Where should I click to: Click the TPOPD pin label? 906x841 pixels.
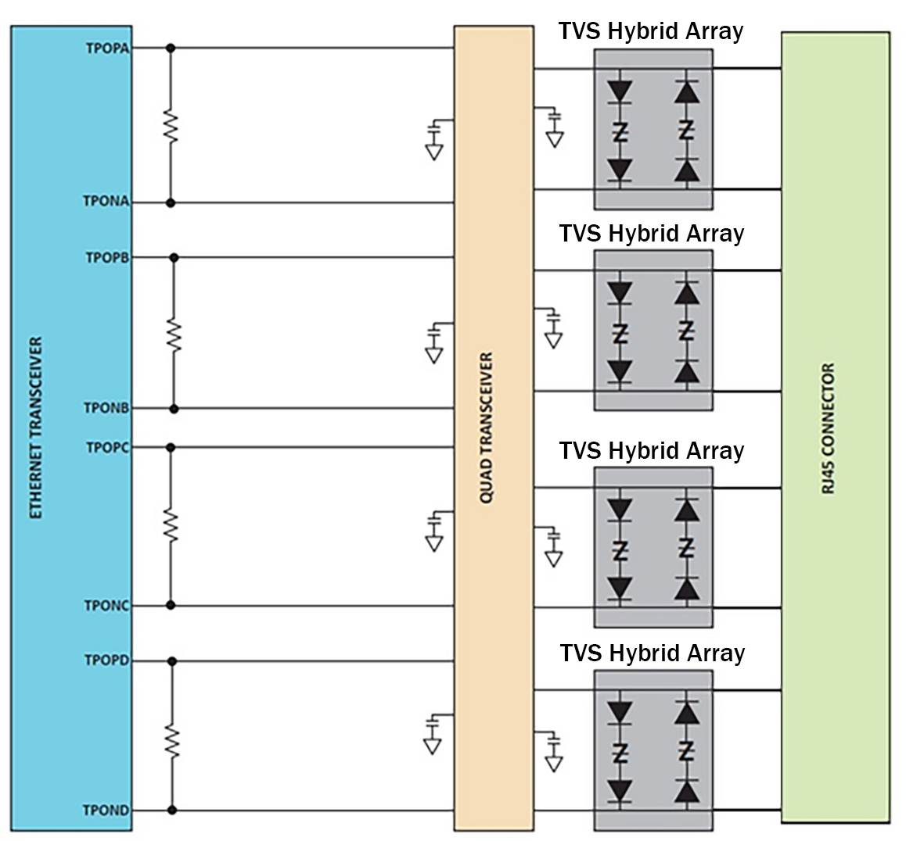pos(107,660)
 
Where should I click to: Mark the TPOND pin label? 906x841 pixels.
pos(106,811)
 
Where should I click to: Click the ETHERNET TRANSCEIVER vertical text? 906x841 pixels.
pos(36,428)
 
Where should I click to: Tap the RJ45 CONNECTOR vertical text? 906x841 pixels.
pos(829,428)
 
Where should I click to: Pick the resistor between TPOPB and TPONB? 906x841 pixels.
pos(174,335)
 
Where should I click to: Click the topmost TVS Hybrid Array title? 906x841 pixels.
pos(651,31)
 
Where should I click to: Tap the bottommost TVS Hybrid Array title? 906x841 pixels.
pos(652,653)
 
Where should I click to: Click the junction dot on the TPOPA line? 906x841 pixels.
pos(171,48)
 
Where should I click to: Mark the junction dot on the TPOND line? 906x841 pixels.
pos(171,811)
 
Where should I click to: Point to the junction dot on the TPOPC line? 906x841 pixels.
pos(171,447)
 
